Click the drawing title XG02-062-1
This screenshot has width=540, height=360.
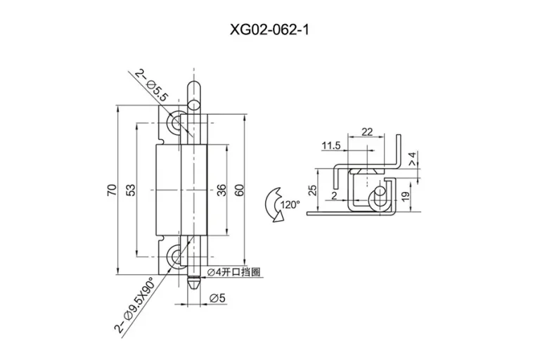(x=269, y=30)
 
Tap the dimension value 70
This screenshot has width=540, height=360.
(x=112, y=190)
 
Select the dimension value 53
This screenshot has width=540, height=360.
(x=131, y=190)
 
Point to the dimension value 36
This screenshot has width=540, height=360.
(x=223, y=190)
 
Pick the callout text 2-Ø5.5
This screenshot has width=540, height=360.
(x=151, y=86)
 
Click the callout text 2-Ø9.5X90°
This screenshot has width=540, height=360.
(x=135, y=305)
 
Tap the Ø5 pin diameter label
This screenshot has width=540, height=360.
(x=218, y=298)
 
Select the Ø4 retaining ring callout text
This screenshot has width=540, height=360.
(x=233, y=272)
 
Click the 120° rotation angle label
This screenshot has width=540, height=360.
(x=290, y=205)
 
